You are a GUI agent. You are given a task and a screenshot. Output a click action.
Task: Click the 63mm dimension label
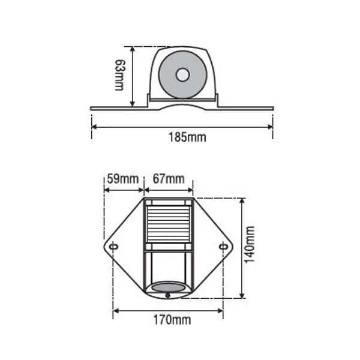coord(120,75)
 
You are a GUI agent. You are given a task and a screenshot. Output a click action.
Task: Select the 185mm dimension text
coord(188,137)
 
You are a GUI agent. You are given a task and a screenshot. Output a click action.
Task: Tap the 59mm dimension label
coord(123,179)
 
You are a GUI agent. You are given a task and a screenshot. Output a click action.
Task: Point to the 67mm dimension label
coord(169,179)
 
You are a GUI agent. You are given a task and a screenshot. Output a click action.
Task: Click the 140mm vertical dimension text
coord(250,245)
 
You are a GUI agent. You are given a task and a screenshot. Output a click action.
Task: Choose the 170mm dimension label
coord(172,320)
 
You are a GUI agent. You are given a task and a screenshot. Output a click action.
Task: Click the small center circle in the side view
coord(182,75)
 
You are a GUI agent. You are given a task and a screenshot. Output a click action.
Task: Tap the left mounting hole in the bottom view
coord(114,247)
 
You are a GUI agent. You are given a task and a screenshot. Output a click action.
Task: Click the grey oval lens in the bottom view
coord(169,287)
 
